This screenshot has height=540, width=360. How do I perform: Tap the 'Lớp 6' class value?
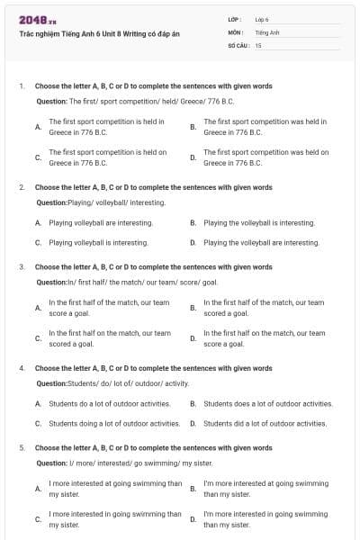coord(262,19)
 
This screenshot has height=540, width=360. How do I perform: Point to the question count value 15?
coord(258,45)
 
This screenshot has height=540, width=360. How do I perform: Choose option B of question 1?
coord(265,126)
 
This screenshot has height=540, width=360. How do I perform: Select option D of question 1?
coord(265,157)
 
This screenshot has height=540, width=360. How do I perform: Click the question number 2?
coord(22,187)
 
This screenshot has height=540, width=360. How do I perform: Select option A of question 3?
coord(109,308)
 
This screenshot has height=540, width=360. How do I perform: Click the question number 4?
coord(22,368)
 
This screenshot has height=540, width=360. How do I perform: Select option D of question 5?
coord(265,519)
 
